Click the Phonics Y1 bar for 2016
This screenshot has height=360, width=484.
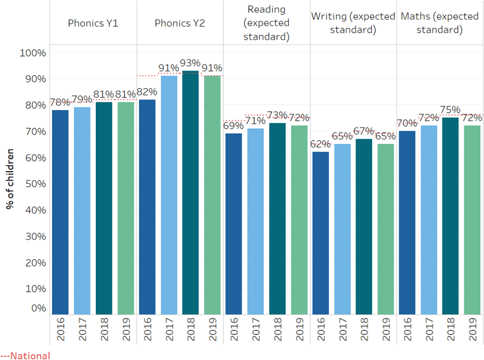click(x=60, y=211)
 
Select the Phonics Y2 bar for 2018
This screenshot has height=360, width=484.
click(x=191, y=192)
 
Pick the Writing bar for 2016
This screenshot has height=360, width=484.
click(x=321, y=233)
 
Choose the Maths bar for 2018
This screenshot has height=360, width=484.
click(x=450, y=216)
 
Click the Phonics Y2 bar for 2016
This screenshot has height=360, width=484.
click(x=147, y=207)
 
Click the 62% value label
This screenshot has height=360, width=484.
click(x=321, y=144)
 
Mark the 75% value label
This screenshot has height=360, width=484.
click(x=450, y=110)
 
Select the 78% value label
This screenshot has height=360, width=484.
click(x=60, y=102)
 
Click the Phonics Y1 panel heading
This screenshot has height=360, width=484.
click(x=93, y=23)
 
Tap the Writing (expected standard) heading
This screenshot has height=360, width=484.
click(x=353, y=23)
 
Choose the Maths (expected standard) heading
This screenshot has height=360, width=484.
click(x=440, y=23)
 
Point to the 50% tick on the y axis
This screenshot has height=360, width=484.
click(x=34, y=184)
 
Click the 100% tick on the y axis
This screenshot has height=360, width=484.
click(x=33, y=53)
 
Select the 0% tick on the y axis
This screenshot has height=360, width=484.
click(x=38, y=308)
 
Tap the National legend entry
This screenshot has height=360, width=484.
click(x=26, y=356)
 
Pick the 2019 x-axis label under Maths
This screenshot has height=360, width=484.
click(x=472, y=329)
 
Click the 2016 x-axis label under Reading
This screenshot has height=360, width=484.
click(x=234, y=329)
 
